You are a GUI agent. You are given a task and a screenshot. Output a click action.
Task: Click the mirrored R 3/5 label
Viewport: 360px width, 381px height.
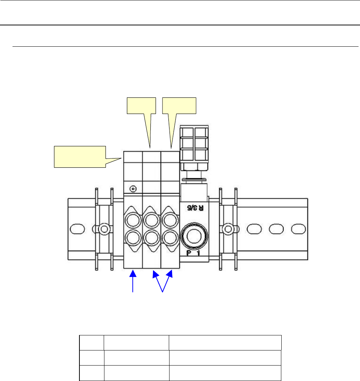[195, 208]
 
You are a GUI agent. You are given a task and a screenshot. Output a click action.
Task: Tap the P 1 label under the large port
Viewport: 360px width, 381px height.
[193, 253]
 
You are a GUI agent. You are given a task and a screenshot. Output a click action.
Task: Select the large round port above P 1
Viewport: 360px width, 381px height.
[194, 236]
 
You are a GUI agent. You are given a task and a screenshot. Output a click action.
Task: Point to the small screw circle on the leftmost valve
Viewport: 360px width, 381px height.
[133, 189]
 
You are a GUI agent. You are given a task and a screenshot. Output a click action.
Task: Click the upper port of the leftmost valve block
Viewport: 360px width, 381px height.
[133, 220]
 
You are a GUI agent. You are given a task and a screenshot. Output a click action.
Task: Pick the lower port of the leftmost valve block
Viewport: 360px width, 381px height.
[133, 238]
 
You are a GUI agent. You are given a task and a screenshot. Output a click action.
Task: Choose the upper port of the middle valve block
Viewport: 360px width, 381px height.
[152, 220]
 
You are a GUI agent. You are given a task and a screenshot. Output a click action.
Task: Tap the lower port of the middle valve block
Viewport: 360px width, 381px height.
[152, 238]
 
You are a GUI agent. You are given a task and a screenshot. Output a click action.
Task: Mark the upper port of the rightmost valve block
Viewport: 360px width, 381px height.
[170, 220]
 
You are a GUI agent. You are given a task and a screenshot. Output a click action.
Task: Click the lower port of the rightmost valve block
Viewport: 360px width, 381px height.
[170, 238]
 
